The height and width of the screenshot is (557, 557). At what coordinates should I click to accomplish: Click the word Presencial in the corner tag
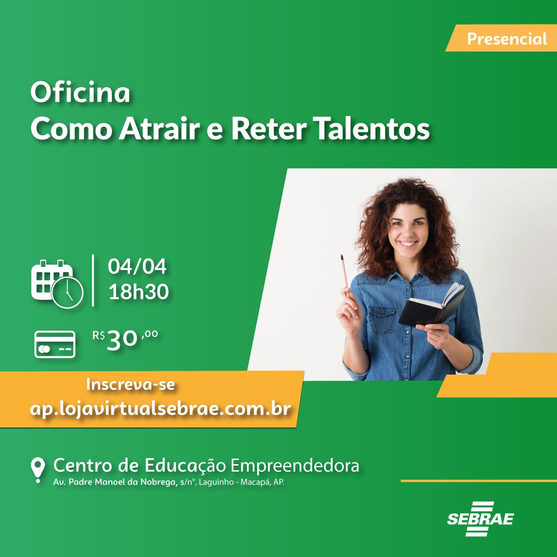point(507,39)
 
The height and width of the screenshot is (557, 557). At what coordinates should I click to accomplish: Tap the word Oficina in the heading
point(80,93)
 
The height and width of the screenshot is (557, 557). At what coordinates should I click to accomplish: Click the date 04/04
point(137,267)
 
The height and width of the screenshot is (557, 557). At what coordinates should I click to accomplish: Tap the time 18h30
point(138,292)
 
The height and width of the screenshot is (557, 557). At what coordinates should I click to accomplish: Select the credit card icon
point(55,344)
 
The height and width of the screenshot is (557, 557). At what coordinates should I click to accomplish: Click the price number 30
point(122,340)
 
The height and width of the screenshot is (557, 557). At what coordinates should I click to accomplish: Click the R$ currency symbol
point(98,335)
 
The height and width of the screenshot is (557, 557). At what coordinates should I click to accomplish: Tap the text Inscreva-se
point(130,385)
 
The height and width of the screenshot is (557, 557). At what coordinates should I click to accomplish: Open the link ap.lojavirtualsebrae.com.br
point(160,409)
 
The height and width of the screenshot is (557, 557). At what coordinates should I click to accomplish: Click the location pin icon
point(38,469)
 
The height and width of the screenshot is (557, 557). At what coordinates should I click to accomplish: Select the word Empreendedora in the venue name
point(295,465)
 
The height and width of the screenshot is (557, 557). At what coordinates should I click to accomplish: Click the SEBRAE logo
point(480,519)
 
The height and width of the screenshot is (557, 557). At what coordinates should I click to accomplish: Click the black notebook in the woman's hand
point(432,306)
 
